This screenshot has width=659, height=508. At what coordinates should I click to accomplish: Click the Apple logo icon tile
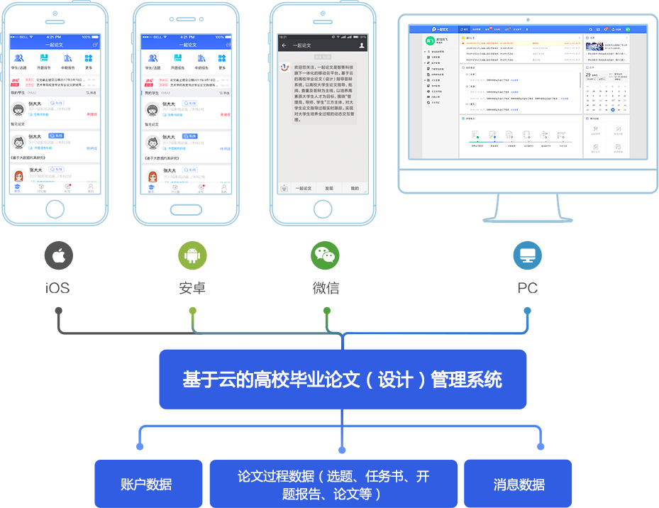[58, 255]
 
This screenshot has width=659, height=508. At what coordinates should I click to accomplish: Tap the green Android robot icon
[192, 255]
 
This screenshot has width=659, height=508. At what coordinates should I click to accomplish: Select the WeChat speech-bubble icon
[325, 255]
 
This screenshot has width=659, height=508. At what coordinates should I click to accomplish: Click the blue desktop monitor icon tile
[527, 255]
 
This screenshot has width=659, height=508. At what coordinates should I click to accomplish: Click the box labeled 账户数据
[146, 484]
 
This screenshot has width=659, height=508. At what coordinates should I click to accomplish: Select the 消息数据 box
[519, 484]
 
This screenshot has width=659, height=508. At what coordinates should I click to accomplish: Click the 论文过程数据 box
[333, 484]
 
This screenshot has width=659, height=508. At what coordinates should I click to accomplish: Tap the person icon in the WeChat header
[362, 45]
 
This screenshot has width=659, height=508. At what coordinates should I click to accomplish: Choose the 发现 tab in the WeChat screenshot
[329, 189]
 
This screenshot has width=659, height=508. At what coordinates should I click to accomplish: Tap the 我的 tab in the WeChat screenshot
[355, 189]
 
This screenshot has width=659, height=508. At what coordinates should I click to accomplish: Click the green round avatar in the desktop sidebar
[430, 41]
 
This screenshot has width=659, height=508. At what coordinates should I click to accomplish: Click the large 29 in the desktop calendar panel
[589, 74]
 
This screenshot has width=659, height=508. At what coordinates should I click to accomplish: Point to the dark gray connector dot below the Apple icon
[58, 309]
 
